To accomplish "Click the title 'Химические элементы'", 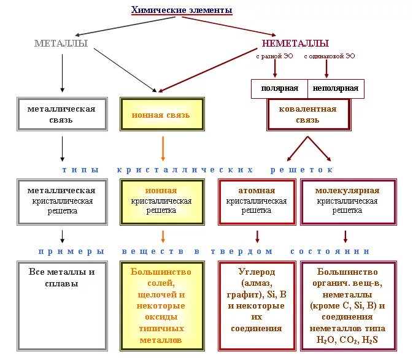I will click(x=182, y=10).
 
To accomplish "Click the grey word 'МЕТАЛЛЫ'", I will click(x=61, y=44).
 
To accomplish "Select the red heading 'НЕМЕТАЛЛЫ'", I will click(x=295, y=44).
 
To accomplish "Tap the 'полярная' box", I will click(x=279, y=88).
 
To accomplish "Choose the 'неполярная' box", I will click(x=335, y=88).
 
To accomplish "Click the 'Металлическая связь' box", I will click(x=61, y=114).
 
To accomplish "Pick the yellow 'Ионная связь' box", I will click(x=161, y=115).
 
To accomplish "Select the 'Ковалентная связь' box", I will click(x=308, y=114).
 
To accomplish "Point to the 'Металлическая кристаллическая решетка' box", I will click(x=61, y=201).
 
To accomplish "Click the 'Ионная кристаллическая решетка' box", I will click(x=161, y=201).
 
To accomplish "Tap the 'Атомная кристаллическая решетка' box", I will click(x=257, y=201).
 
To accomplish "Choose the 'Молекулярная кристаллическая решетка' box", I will click(x=347, y=201).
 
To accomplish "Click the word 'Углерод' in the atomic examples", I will click(x=257, y=272).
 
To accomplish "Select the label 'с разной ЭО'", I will click(x=274, y=56).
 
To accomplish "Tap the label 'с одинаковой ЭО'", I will click(x=329, y=56).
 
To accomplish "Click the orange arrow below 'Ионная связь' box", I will click(x=163, y=148).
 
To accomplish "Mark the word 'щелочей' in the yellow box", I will click(x=161, y=294).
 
